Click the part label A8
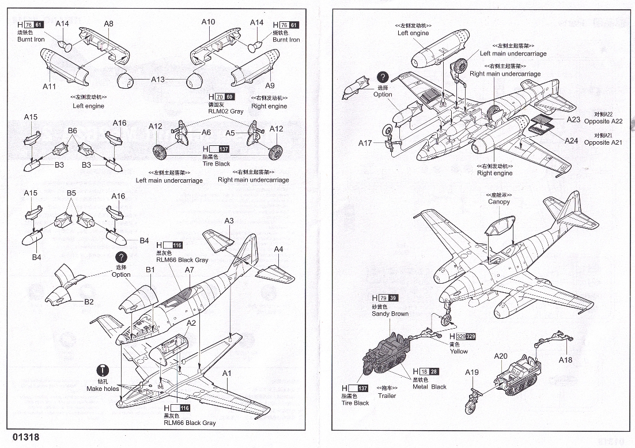[108, 24]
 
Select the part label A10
[208, 22]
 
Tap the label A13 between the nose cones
[158, 80]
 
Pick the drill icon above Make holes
[103, 370]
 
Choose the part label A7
[190, 270]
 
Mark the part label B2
[89, 302]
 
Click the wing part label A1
[226, 373]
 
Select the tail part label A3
[229, 221]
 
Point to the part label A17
[365, 143]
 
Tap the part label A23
[573, 119]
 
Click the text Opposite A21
[603, 142]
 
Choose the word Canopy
[499, 202]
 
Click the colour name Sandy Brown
[390, 314]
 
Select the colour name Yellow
[459, 351]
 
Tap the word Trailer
[387, 396]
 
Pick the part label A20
[501, 356]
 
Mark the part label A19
[472, 372]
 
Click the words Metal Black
[429, 387]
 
